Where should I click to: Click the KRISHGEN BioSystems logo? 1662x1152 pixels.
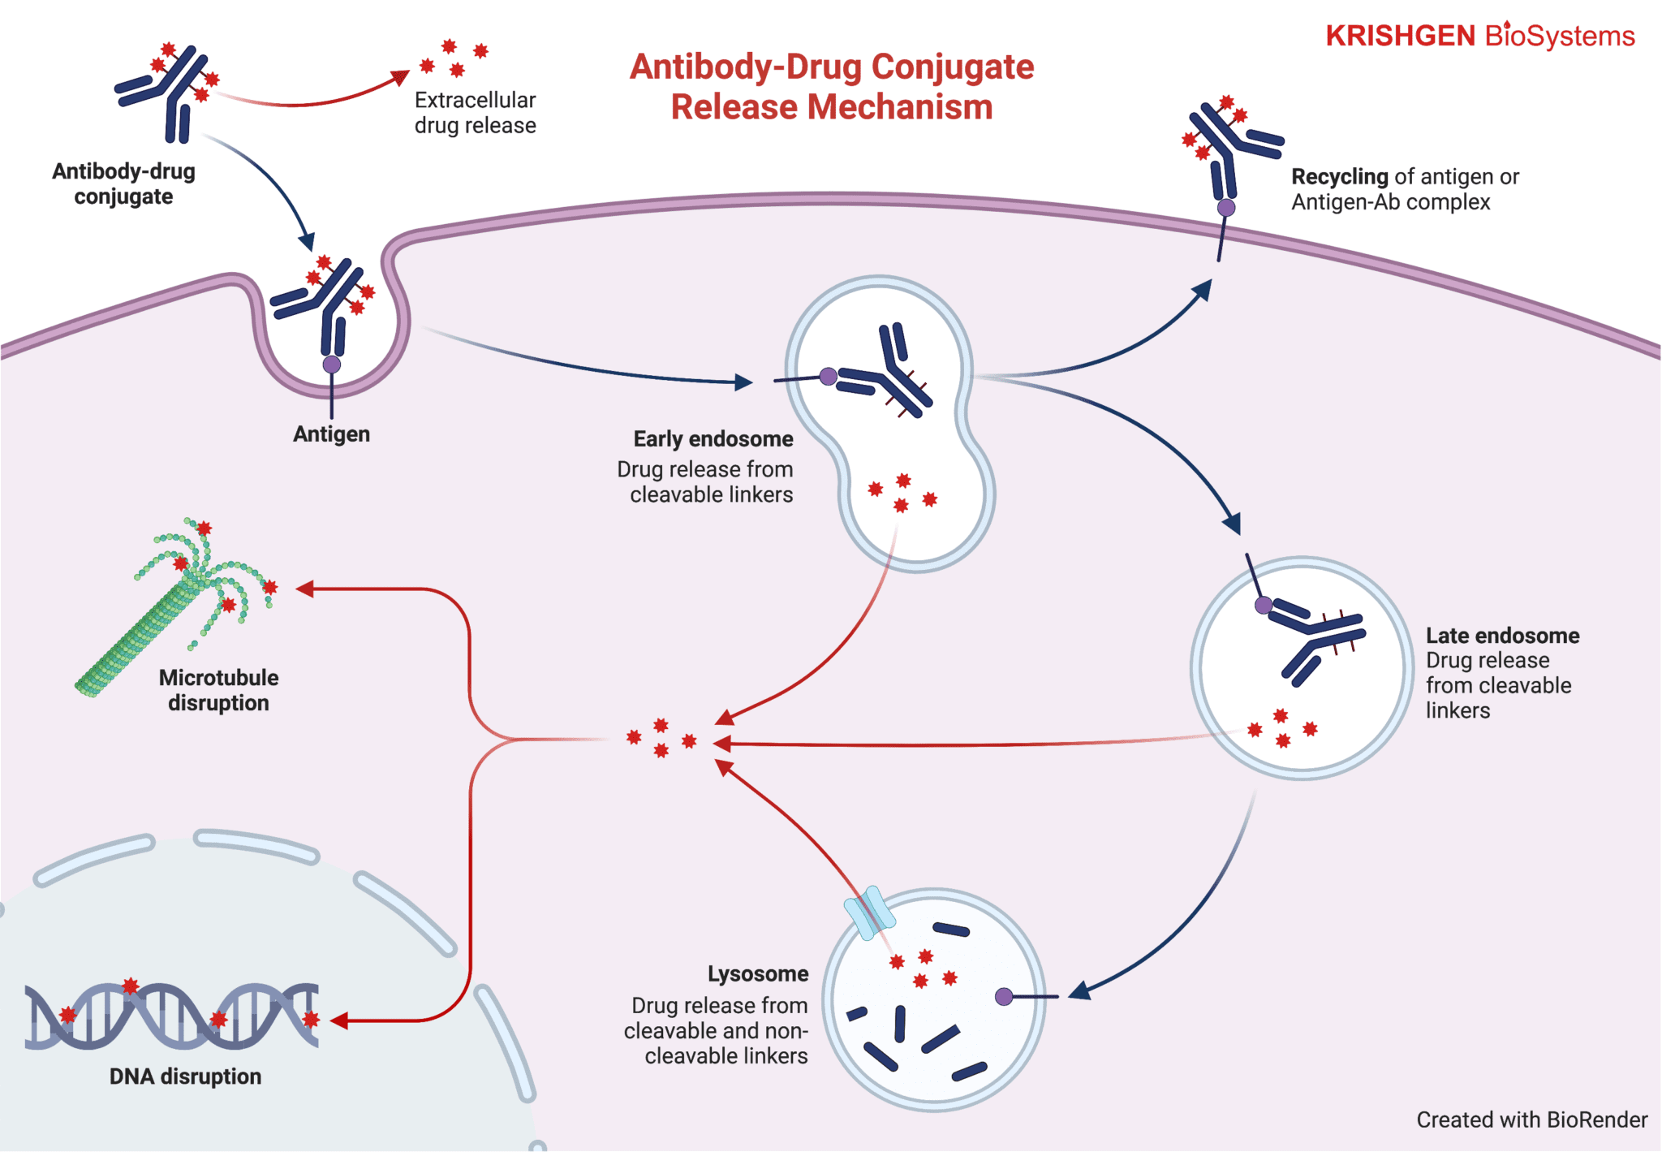click(x=1479, y=36)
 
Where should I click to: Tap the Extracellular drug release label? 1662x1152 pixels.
click(x=475, y=113)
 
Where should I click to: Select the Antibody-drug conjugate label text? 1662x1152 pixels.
click(x=123, y=183)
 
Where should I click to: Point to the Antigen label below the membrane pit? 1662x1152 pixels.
click(x=331, y=434)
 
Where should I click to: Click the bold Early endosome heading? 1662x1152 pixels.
click(x=713, y=439)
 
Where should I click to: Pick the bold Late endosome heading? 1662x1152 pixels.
click(x=1502, y=636)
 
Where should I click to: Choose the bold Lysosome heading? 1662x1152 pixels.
click(x=757, y=973)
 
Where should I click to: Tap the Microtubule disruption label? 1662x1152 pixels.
click(x=218, y=690)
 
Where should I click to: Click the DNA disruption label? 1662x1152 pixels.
click(x=185, y=1076)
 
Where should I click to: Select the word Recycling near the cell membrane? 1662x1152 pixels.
click(x=1339, y=176)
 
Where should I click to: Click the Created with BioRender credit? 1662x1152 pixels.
click(x=1531, y=1120)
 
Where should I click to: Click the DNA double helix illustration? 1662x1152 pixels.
click(x=170, y=1016)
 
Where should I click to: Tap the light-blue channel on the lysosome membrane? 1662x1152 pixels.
click(x=869, y=912)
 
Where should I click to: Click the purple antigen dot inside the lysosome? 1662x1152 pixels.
click(x=1004, y=996)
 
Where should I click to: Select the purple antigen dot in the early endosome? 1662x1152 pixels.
click(x=828, y=376)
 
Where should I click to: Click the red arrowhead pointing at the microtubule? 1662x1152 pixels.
click(x=305, y=589)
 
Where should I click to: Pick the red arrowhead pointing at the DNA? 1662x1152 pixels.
click(x=339, y=1020)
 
